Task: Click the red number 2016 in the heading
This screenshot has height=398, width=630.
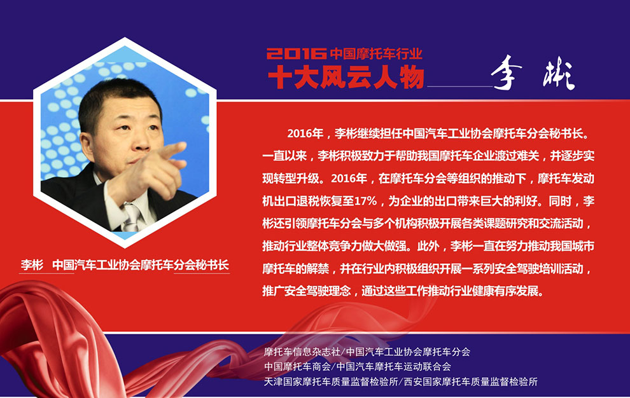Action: coord(297,53)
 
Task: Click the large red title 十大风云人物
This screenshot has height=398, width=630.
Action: coord(346,76)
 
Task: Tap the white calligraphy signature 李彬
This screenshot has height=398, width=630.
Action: coord(533,72)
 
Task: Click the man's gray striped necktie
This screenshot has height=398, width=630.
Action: coord(132,217)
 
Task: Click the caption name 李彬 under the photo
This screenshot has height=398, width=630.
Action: coord(32,265)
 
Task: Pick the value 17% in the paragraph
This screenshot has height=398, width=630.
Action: coord(365,201)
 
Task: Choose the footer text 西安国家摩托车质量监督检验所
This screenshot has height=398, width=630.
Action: coord(470,381)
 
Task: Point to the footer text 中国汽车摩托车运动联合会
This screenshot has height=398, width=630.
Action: coord(393,367)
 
